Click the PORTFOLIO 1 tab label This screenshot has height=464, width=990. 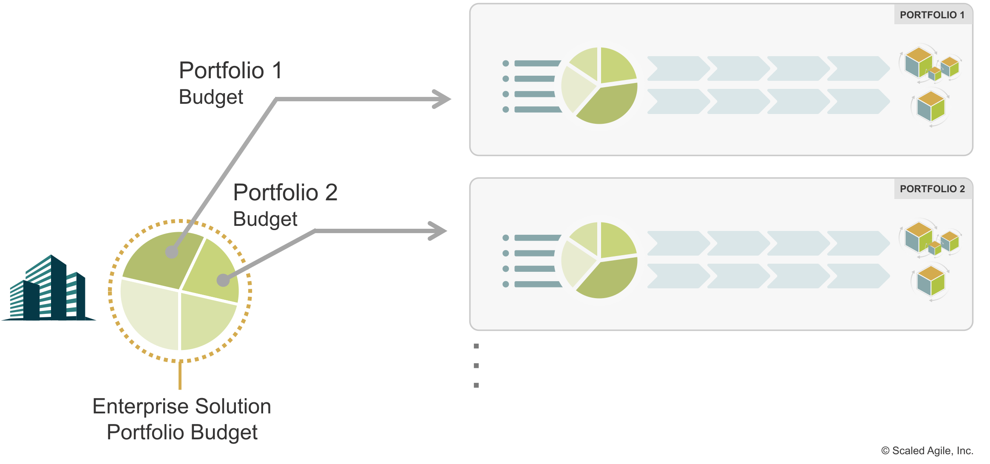point(932,15)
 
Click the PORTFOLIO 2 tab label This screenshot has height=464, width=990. point(932,189)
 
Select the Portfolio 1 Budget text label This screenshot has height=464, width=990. point(230,83)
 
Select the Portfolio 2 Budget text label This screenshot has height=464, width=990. point(285,205)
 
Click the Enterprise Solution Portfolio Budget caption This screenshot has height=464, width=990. point(182,419)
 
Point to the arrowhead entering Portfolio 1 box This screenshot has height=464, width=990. point(442,99)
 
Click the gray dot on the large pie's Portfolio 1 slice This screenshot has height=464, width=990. point(172,252)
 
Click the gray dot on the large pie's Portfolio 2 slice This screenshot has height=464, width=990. point(223,280)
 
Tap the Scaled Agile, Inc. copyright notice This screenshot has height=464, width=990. point(927,451)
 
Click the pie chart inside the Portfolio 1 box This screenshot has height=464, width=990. point(599,85)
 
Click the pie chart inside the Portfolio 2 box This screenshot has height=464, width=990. point(599,260)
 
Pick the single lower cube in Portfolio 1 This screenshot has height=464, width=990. point(931,107)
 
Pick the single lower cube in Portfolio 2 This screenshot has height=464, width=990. point(931,281)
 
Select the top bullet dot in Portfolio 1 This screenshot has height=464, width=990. point(505,63)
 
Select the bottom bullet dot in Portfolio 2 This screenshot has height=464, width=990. point(505,284)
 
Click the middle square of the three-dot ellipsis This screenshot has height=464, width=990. point(476,366)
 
